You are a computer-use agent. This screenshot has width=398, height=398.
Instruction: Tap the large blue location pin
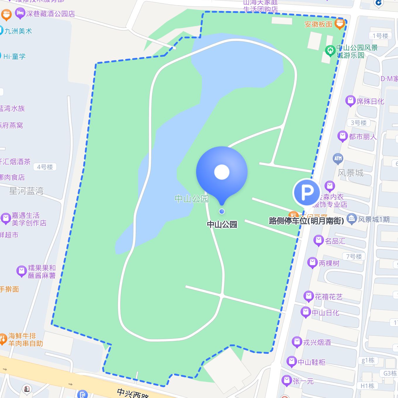point(222,172)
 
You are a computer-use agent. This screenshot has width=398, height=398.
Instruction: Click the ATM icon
point(338,159)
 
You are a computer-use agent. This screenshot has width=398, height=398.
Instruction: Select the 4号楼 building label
point(45,167)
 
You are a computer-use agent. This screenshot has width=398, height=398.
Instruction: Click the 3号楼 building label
point(358,123)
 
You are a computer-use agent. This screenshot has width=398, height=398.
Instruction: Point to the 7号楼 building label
point(354,256)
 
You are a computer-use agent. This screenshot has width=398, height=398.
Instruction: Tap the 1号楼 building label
point(380,36)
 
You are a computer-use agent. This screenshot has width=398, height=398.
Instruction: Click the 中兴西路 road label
point(133,393)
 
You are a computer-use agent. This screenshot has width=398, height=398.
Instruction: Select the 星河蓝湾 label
point(26,191)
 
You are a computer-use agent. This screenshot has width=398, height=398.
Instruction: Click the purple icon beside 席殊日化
point(350,101)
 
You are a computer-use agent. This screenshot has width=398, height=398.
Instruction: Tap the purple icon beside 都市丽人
point(342,136)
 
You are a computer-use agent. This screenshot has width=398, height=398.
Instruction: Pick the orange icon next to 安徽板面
point(339,24)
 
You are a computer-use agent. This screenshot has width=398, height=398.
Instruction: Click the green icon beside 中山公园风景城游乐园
point(330,51)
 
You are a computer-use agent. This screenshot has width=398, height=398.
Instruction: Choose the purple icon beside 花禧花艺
point(308,296)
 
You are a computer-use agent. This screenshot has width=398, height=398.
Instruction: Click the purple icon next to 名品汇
point(318,241)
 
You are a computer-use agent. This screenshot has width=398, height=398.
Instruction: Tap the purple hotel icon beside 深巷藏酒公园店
point(20,13)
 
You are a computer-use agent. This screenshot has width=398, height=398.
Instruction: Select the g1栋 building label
point(368,360)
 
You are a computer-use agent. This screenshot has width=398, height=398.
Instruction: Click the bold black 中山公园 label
point(222,224)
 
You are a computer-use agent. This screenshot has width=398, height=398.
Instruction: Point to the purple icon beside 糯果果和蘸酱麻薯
point(21,271)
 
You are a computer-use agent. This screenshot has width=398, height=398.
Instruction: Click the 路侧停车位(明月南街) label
point(306,221)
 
